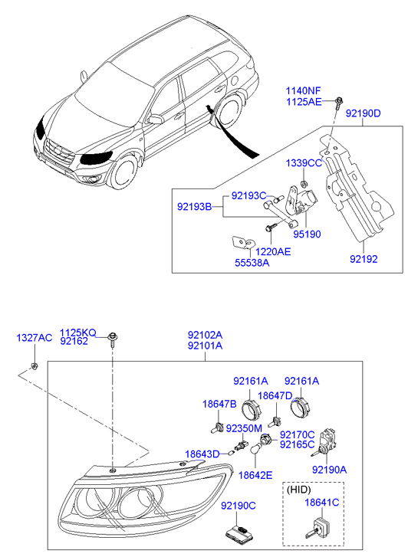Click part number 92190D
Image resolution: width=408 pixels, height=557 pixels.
coord(364,113)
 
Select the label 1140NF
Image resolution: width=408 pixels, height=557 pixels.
coord(304,92)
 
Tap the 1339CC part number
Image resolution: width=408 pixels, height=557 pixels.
coord(304,163)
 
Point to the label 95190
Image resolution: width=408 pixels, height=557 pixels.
coord(307,234)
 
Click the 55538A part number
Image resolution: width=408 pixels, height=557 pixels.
coord(252,263)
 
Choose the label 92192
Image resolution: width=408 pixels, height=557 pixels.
coord(364,259)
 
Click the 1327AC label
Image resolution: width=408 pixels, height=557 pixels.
coord(35,338)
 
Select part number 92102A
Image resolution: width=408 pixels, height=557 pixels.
coord(205,335)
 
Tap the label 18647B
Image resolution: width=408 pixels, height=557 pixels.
coord(219,404)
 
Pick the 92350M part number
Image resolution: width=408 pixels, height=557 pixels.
coord(244,428)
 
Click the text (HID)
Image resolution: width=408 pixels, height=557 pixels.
coord(299,490)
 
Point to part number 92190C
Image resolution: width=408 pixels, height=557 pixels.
coord(239,506)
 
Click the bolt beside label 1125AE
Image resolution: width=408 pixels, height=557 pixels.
coord(338,101)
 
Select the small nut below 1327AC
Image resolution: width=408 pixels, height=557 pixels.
coord(35,365)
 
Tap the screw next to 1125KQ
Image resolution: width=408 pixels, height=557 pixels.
coord(113,339)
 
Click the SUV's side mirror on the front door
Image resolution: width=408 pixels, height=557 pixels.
coord(156,120)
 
